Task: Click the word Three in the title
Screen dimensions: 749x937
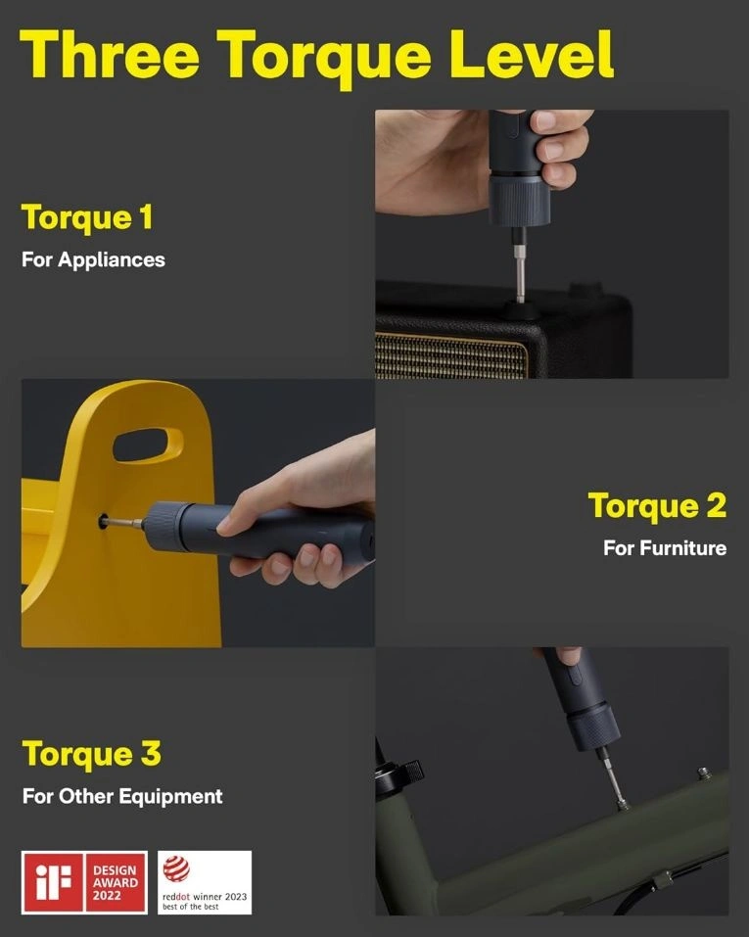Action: click(110, 54)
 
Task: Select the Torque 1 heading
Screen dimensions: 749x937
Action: click(87, 217)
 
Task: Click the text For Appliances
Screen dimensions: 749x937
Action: click(93, 259)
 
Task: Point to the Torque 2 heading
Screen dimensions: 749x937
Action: click(658, 506)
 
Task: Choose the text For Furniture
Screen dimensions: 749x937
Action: click(665, 548)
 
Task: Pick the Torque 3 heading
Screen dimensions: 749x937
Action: click(91, 754)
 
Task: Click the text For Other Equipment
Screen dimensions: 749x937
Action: click(122, 796)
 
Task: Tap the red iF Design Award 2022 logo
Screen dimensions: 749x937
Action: click(84, 882)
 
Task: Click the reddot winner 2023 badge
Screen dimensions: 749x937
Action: click(205, 882)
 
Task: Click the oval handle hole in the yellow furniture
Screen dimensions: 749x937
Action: click(148, 445)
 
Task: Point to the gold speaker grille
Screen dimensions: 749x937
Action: click(451, 355)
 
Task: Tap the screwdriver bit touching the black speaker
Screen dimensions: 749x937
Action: click(520, 266)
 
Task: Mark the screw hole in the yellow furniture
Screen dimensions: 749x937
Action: click(103, 521)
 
